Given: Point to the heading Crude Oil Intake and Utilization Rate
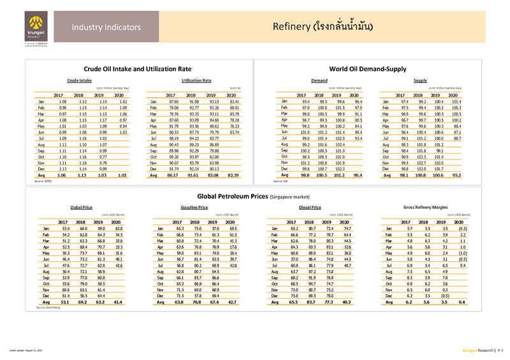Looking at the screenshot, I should [138, 68].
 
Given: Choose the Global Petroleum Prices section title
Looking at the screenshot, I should [255, 197].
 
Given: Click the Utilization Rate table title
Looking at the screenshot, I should [196, 81].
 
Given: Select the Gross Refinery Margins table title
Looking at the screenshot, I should [426, 208].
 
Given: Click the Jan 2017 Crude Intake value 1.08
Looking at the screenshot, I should [62, 101].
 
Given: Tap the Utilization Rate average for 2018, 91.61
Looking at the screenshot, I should [194, 174].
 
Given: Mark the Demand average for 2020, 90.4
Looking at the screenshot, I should [358, 174].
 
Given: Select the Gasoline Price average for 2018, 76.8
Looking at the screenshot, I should [197, 301].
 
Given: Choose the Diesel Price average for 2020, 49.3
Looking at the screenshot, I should [347, 301].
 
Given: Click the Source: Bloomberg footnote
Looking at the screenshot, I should [48, 307].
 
